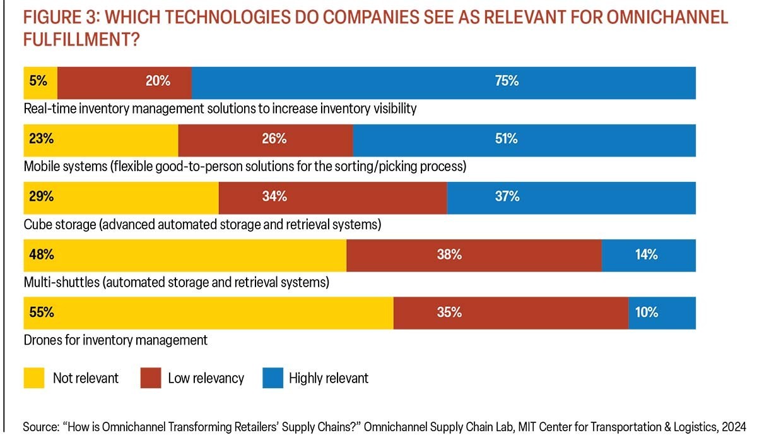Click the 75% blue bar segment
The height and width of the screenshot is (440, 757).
[x=443, y=83]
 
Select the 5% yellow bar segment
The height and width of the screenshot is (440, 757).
[x=40, y=83]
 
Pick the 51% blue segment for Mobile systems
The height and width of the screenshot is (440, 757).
[x=524, y=140]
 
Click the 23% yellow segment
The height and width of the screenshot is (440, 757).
[x=101, y=140]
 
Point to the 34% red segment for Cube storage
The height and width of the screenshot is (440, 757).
[x=332, y=198]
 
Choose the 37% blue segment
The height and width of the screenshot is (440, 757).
[x=571, y=198]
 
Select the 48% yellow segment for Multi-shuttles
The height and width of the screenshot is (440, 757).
[x=185, y=256]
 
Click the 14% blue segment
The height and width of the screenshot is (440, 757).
[x=648, y=256]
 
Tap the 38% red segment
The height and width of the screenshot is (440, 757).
[x=474, y=256]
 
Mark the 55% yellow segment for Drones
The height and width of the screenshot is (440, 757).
[x=208, y=313]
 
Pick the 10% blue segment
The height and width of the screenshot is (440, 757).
[x=662, y=313]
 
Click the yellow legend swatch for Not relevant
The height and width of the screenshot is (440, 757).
[x=34, y=378]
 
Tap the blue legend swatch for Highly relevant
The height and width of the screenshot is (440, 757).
[x=270, y=378]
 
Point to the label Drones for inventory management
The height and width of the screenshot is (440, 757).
[x=115, y=340]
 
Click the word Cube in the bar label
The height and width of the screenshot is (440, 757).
[x=38, y=225]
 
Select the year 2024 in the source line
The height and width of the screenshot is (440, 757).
[x=733, y=427]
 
